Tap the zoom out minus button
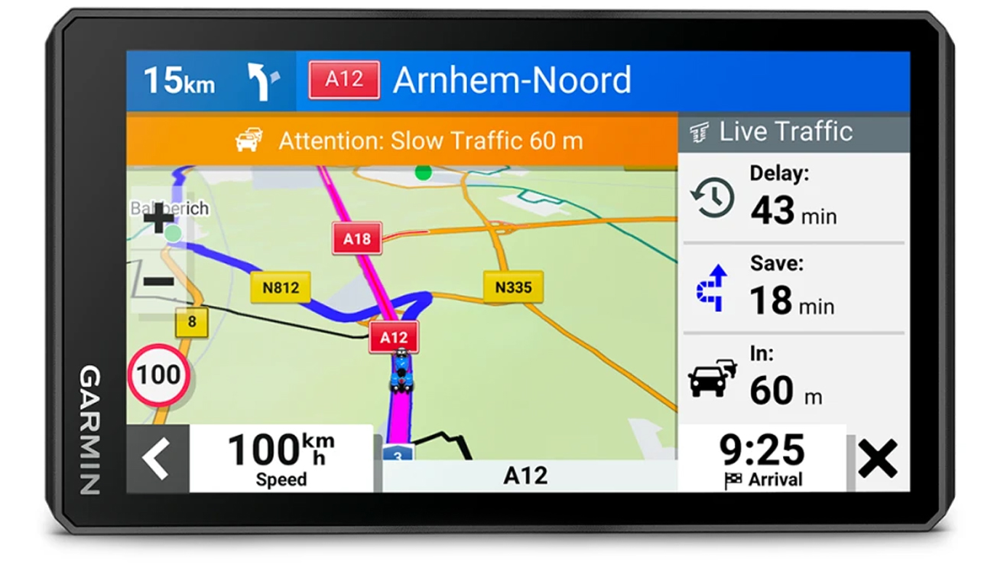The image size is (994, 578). (159, 281)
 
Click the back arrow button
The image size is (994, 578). (157, 459)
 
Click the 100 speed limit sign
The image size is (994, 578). (159, 375)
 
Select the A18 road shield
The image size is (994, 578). (356, 239)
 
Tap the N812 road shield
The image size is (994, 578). (281, 288)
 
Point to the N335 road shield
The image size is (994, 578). (513, 287)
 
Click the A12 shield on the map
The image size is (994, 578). (394, 337)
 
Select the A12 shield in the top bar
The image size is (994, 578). (344, 80)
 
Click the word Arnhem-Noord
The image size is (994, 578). (512, 80)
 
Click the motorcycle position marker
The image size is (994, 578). (401, 371)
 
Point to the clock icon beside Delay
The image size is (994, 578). (713, 198)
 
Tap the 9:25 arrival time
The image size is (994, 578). (762, 450)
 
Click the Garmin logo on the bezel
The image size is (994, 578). (90, 430)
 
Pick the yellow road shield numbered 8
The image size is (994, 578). (191, 322)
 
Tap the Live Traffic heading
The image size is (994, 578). (785, 132)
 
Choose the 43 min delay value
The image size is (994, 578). (793, 209)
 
